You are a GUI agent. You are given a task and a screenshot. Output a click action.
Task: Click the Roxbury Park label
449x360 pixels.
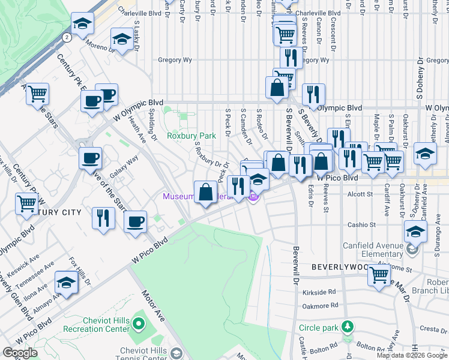tap(191, 136)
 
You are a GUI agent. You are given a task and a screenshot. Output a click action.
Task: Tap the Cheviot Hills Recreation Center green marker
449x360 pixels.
tap(139, 325)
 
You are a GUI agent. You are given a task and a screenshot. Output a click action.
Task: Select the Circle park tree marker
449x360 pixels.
tap(347, 328)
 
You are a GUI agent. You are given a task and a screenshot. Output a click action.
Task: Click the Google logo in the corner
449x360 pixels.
tap(20, 353)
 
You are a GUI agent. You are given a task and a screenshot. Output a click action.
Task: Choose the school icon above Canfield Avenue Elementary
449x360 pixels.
tap(415, 231)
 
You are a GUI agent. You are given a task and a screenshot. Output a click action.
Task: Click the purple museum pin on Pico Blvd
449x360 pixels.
tap(253, 196)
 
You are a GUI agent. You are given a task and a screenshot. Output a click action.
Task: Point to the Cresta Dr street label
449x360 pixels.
tap(431, 329)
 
